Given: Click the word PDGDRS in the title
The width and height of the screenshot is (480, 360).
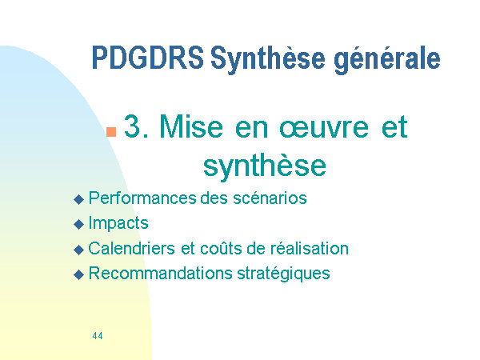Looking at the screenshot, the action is point(147,58).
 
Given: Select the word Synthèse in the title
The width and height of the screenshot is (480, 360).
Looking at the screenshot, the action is point(268,59).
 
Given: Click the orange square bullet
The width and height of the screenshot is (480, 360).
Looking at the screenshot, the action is point(111,132).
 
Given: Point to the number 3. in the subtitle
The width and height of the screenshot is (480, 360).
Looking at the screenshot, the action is point(137,126).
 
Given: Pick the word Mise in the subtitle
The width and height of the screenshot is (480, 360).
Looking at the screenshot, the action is point(191,126).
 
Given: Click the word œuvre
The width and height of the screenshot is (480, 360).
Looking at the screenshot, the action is point(324,128).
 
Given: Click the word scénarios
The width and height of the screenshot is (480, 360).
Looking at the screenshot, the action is point(270,198).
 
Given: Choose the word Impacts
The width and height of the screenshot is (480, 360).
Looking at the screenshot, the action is point(118,223).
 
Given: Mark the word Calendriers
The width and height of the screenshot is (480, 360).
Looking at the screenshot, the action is point(131,248).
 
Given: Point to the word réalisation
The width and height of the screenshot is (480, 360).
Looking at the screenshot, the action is point(309,248).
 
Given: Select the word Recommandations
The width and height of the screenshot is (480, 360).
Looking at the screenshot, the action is point(160,273).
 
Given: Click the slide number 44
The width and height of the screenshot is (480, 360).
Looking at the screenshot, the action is point(98,336).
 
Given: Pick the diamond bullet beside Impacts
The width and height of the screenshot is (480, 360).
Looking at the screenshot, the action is point(79,224).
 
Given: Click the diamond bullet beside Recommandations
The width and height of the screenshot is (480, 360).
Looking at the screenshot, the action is point(79,274).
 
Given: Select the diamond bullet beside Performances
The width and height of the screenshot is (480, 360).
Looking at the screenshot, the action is point(79,199).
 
